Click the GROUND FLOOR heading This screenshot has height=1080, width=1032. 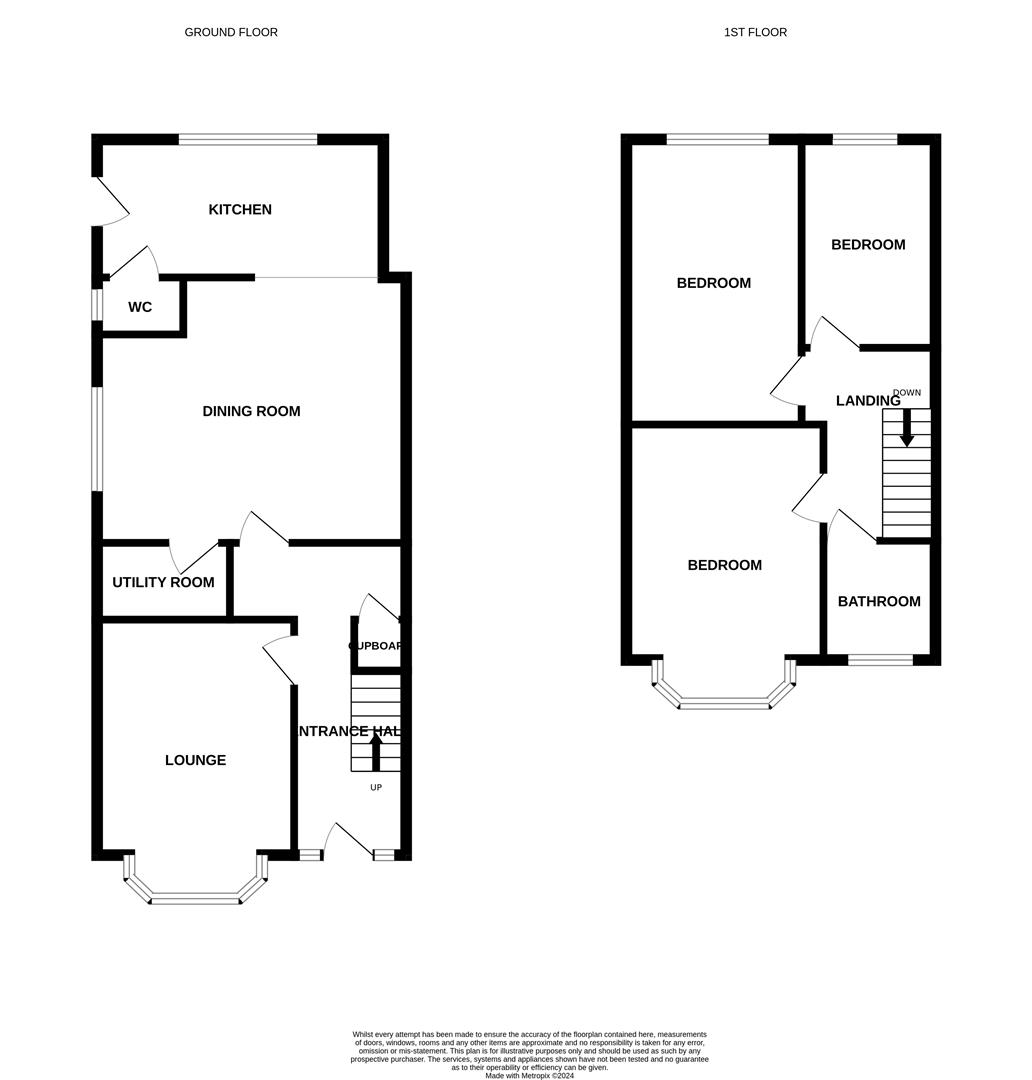(x=231, y=32)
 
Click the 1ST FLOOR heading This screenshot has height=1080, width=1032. (x=755, y=32)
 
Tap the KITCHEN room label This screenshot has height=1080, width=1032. (x=240, y=209)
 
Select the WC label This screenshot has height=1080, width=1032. (x=140, y=307)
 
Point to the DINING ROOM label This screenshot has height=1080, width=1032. (x=251, y=411)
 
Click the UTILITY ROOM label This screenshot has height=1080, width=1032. (x=163, y=582)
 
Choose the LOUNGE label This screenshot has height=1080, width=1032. (x=195, y=760)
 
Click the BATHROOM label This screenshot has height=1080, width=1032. (x=879, y=601)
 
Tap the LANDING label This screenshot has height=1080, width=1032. (x=868, y=401)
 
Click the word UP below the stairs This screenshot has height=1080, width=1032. (x=376, y=788)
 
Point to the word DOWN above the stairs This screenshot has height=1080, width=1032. (x=907, y=392)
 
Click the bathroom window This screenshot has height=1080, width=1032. (x=880, y=659)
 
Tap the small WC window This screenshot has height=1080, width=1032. (x=97, y=305)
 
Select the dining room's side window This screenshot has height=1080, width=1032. (x=97, y=439)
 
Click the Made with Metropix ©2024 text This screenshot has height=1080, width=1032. (x=530, y=1075)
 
